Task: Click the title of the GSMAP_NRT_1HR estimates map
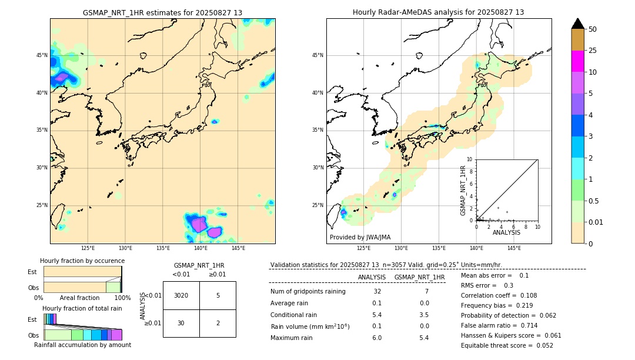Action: coord(162,12)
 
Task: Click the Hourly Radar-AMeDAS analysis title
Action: coord(438,12)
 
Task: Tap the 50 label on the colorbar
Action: coord(593,29)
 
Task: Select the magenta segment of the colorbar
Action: coord(577,61)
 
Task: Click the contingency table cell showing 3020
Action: coord(181,295)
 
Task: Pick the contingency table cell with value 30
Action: coord(181,323)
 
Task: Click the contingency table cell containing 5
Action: coord(218,295)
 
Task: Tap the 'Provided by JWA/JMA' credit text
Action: coord(360,237)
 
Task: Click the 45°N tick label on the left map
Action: coord(42,55)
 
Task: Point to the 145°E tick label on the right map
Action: coord(514,248)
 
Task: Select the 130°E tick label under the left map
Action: coord(125,248)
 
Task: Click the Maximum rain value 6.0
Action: coord(377,338)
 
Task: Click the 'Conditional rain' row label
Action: coord(296,315)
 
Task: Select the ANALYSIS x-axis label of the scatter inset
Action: coord(506,232)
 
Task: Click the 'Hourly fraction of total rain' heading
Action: coord(82,308)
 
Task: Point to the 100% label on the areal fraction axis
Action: coord(122,298)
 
